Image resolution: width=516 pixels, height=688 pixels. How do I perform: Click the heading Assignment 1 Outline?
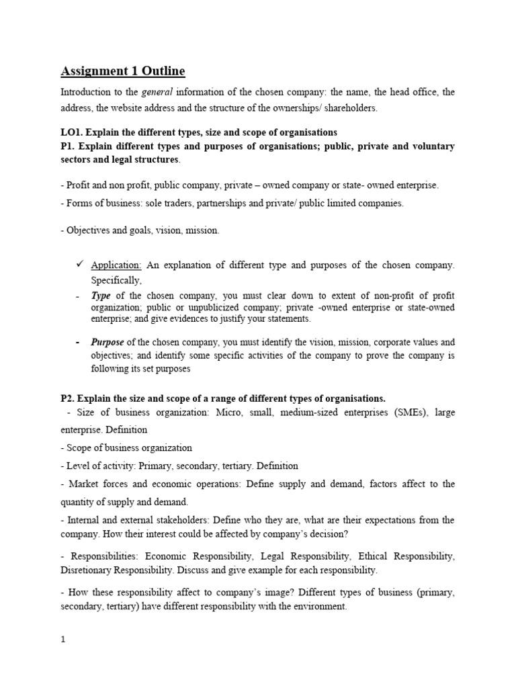(x=122, y=71)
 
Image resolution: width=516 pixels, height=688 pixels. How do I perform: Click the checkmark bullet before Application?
(x=79, y=265)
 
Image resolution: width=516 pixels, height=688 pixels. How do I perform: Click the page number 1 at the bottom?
(x=63, y=640)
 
